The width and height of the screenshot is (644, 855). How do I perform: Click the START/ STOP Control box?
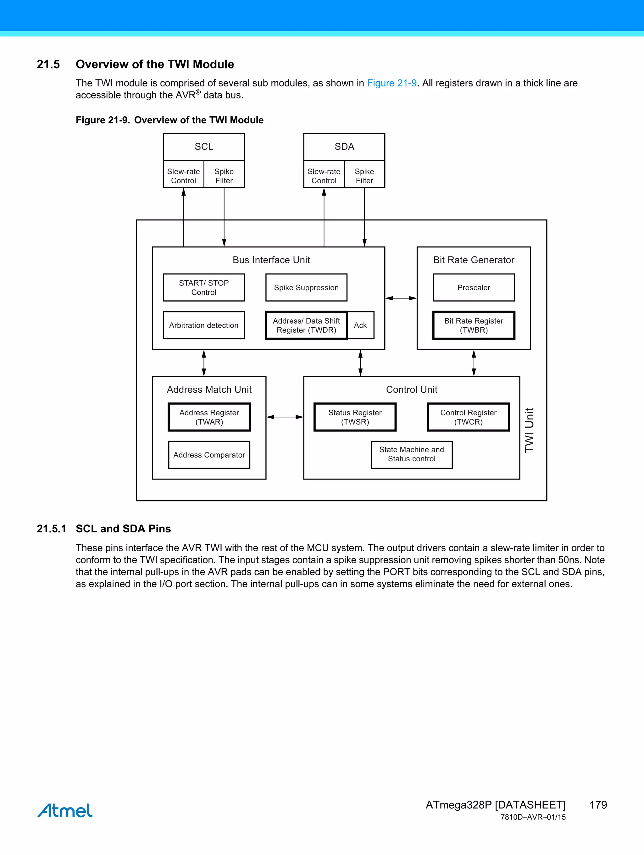204,288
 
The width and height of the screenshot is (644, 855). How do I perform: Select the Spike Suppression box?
306,288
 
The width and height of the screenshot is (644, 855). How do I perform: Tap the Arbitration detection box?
204,325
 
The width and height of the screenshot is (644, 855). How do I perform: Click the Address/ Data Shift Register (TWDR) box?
306,325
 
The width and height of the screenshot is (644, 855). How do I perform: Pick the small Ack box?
361,325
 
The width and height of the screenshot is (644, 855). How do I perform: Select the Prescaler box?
474,288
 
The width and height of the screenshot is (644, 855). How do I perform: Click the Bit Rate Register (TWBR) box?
474,325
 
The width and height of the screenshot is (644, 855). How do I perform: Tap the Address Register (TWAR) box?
209,417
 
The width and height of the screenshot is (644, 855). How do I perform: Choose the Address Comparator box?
209,455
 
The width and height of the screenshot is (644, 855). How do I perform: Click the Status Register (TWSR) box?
355,417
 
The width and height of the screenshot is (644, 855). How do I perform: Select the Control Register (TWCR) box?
468,417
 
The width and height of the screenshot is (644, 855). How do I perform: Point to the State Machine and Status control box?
411,455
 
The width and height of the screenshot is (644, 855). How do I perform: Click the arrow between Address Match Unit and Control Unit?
285,417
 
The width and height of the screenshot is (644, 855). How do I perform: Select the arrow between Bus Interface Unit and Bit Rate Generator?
401,298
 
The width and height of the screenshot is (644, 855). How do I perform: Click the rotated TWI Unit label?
529,430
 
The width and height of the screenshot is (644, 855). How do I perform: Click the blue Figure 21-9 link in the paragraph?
391,83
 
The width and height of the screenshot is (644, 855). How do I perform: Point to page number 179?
598,805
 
